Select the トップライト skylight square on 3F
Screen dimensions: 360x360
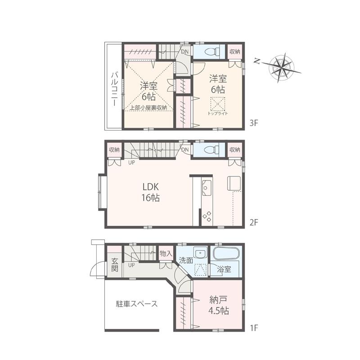[218, 103]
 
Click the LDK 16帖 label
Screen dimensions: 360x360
[151, 192]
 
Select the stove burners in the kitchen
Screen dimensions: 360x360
[207, 216]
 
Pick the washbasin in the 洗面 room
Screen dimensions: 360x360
[200, 253]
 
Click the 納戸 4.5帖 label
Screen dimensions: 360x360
[218, 305]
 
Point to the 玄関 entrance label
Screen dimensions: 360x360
[115, 265]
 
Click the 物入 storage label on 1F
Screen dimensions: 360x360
[166, 254]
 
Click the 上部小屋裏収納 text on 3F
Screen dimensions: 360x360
[148, 108]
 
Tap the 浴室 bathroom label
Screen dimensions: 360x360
[224, 270]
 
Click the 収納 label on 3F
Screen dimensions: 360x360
[234, 51]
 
